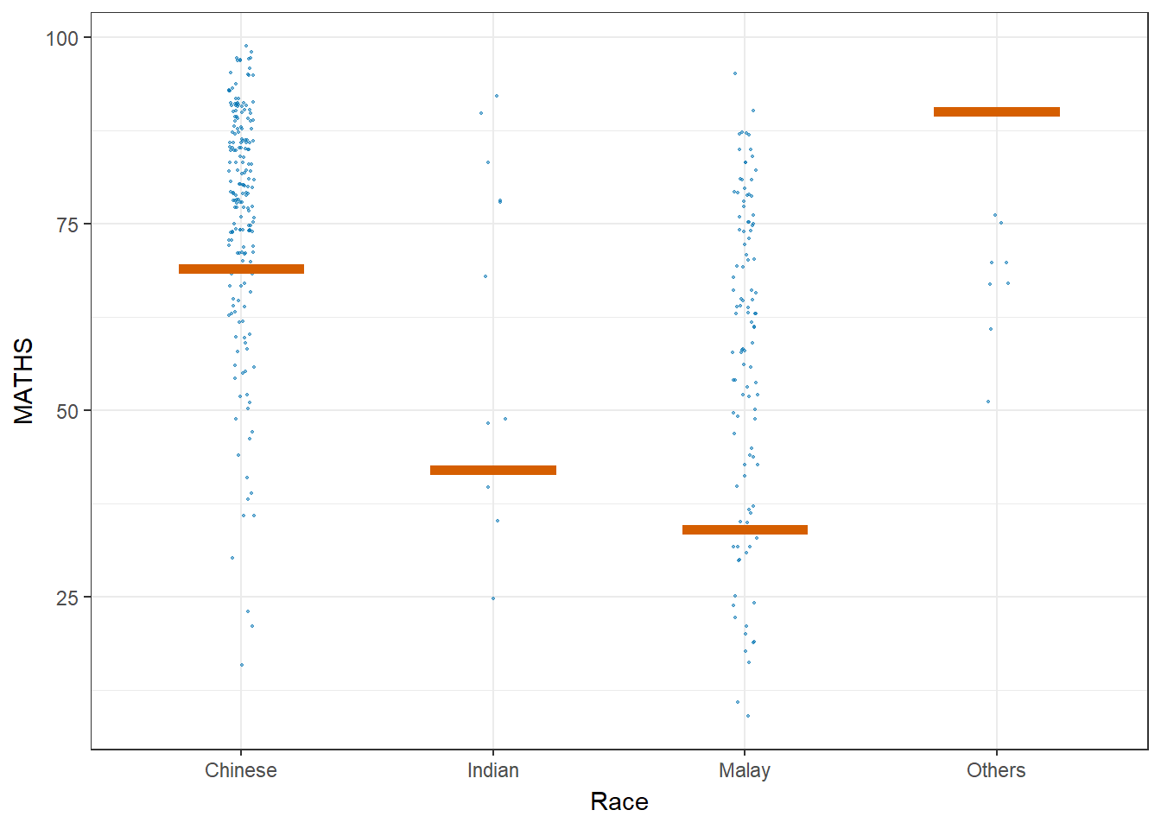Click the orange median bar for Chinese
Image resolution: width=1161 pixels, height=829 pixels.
pos(241,269)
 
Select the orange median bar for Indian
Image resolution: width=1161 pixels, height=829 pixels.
pos(493,470)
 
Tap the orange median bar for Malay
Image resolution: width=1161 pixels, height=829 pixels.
pos(745,529)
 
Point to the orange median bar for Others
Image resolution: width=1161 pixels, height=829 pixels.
pos(996,111)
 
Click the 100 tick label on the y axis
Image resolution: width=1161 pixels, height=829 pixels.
pos(62,38)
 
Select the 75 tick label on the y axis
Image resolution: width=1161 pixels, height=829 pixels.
pos(67,225)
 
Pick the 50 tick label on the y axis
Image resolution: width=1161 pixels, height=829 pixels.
pos(67,411)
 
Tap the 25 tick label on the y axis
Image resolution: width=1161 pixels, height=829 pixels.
pos(67,598)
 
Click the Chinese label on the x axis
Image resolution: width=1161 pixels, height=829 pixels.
pos(241,770)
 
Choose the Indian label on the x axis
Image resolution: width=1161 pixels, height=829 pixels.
pos(493,770)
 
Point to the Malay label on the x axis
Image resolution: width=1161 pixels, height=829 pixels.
pos(745,770)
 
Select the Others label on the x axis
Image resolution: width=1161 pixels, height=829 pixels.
pos(996,770)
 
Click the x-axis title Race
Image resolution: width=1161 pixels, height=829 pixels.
pos(619,801)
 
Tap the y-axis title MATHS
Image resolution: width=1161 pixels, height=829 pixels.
pos(24,381)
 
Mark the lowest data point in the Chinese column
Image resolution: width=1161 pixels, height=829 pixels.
pos(242,665)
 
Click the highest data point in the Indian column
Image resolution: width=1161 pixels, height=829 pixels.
pos(497,96)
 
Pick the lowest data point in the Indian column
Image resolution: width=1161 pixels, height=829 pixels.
pos(493,598)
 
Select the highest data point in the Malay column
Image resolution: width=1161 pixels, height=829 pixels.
pos(735,73)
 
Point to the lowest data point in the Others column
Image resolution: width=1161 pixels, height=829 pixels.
pos(988,402)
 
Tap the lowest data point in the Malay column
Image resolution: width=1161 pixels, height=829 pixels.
pos(748,716)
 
